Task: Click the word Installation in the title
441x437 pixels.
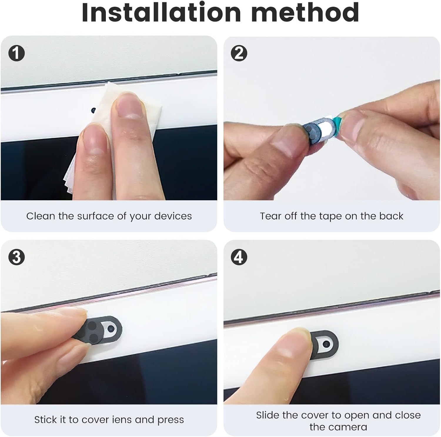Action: [x=161, y=12]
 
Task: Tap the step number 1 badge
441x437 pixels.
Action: [x=16, y=53]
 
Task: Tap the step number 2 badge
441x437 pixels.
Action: [x=239, y=53]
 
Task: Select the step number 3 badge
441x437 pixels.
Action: [x=16, y=257]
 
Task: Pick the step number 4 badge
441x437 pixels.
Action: [x=239, y=257]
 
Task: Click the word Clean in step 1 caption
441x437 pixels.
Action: [x=41, y=216]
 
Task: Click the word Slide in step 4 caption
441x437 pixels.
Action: [x=268, y=415]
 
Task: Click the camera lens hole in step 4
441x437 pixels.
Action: [x=326, y=343]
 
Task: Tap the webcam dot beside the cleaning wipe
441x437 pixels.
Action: [x=93, y=111]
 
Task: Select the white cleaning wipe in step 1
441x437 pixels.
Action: [x=113, y=129]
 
